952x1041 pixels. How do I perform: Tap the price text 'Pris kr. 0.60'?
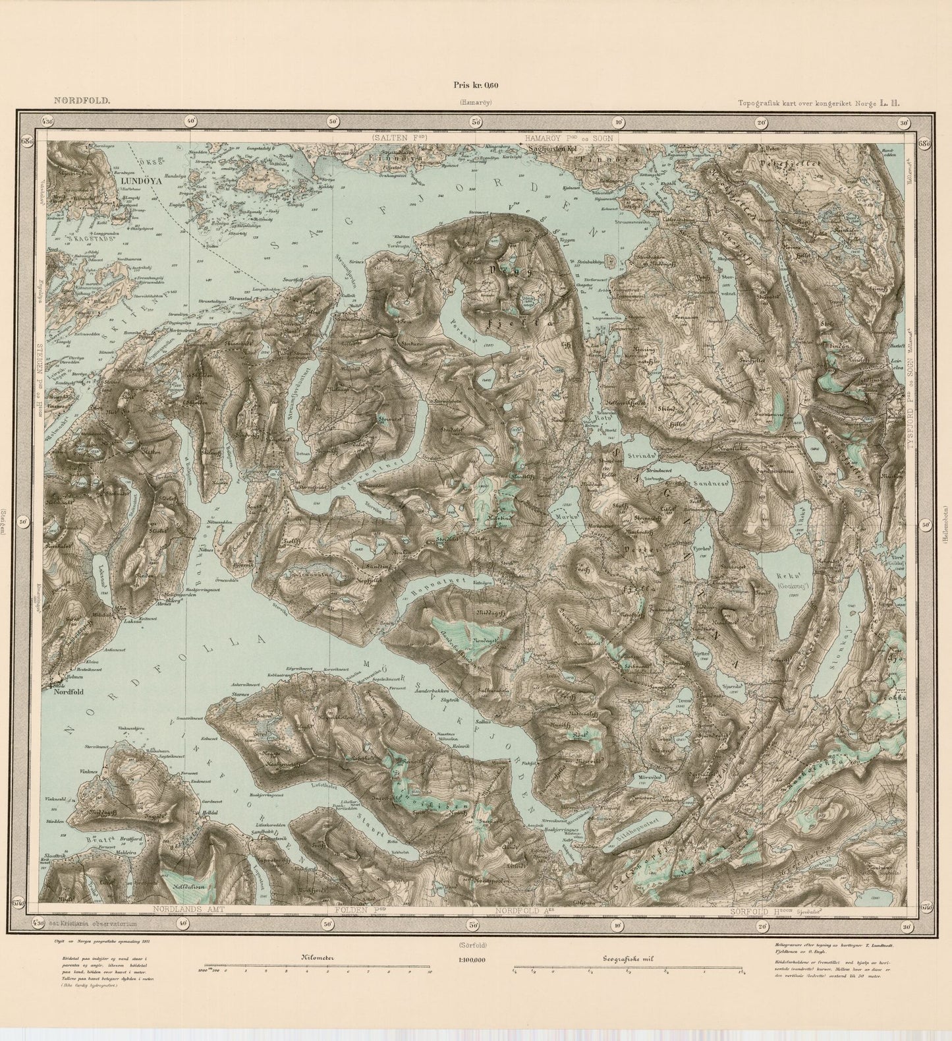[x=476, y=84]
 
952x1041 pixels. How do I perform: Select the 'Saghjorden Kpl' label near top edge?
[x=554, y=148]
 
